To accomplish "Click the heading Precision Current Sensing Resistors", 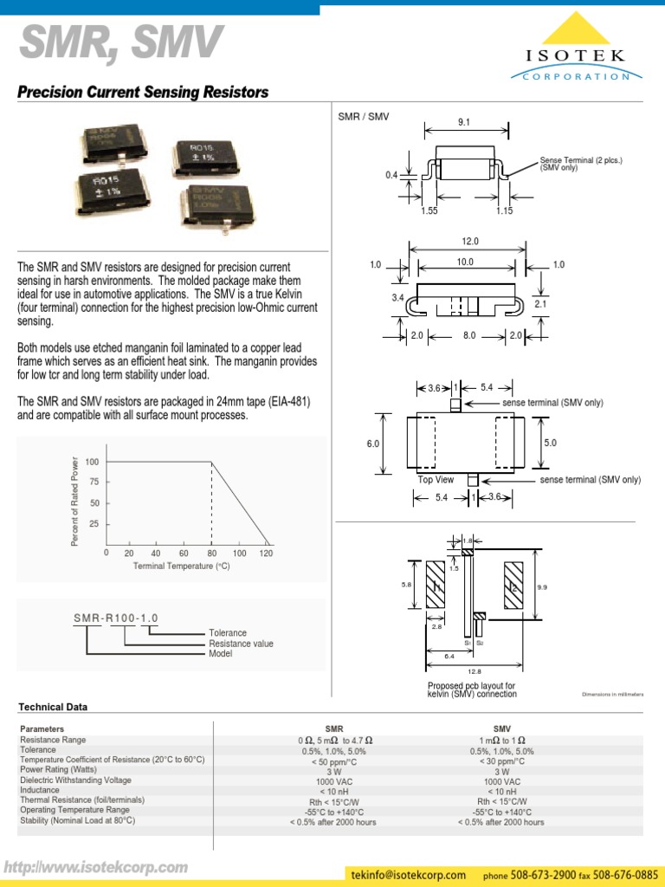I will click(x=143, y=93).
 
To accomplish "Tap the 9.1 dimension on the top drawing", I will click(x=465, y=123).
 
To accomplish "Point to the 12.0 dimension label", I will click(x=470, y=242).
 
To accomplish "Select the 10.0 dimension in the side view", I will click(x=466, y=262).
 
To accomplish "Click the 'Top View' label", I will click(x=436, y=480).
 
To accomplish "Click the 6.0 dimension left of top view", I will click(x=373, y=443).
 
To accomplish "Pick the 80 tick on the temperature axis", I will click(x=211, y=553).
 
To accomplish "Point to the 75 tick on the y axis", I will click(x=93, y=482).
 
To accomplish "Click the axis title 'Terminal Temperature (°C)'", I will click(x=181, y=566).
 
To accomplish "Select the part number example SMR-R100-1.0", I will click(x=115, y=618).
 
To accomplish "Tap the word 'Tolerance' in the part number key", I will click(x=228, y=633).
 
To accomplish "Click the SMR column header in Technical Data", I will click(x=333, y=729).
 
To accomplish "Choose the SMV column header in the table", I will click(x=502, y=729).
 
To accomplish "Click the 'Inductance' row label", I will click(x=41, y=790).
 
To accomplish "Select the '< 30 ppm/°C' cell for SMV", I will click(x=501, y=761).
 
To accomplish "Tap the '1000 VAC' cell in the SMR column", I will click(x=333, y=780).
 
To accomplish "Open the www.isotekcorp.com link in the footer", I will click(x=96, y=867).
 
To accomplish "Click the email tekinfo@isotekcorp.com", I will click(x=409, y=874).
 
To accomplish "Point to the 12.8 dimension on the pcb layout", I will click(x=475, y=671).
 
